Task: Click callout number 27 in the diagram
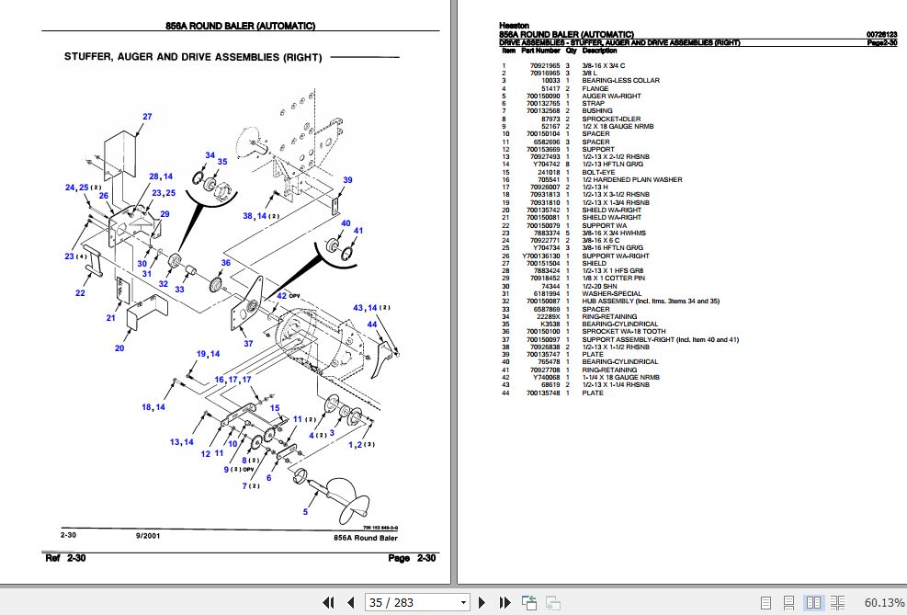[146, 116]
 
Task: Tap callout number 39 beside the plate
[348, 180]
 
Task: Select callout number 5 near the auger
[305, 511]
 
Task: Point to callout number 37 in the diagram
[247, 343]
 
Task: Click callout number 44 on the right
[371, 325]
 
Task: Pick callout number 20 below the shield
[119, 348]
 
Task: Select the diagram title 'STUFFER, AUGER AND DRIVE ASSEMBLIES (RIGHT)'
[193, 57]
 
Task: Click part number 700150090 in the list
[543, 96]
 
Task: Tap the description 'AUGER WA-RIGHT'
[611, 96]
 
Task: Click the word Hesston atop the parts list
[515, 25]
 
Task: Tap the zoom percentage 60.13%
[883, 603]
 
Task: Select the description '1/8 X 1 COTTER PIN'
[613, 279]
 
